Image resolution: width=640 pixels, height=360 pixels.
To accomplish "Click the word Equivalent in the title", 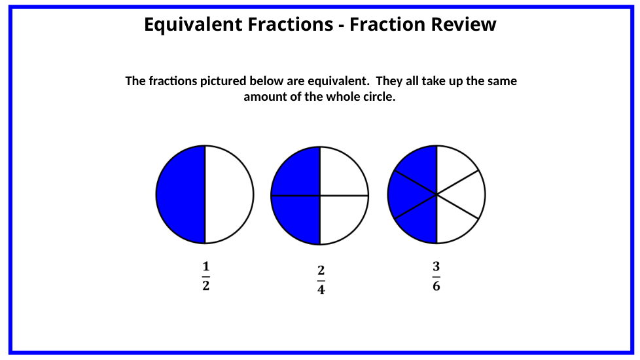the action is [193, 25].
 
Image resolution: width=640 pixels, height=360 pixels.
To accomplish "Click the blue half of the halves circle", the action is [181, 194].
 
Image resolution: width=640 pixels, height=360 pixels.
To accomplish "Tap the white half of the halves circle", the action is [229, 194].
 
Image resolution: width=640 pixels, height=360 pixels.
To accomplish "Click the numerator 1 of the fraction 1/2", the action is [205, 266].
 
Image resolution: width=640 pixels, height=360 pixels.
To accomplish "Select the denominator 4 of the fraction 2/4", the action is [321, 289].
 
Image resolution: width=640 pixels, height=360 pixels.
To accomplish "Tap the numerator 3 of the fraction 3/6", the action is [436, 266].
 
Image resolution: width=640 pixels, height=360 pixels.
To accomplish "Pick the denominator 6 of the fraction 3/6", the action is [436, 286].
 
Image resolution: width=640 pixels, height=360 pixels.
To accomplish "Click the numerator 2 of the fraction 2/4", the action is [321, 270].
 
